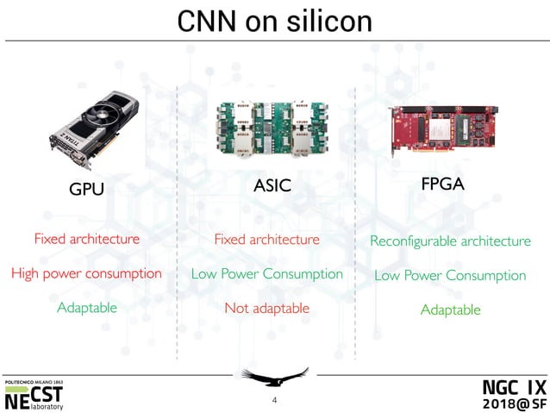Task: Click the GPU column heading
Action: click(85, 189)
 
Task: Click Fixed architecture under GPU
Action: click(86, 239)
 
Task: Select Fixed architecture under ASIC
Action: click(266, 239)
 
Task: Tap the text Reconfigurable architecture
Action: click(450, 241)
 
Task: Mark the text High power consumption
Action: click(86, 273)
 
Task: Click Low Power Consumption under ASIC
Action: click(266, 274)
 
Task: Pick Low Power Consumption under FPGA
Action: click(450, 276)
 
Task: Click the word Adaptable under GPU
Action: click(86, 308)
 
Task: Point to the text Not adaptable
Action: click(266, 308)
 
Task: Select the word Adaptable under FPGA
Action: click(450, 310)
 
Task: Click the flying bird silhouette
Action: click(274, 377)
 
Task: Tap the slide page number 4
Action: click(274, 400)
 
